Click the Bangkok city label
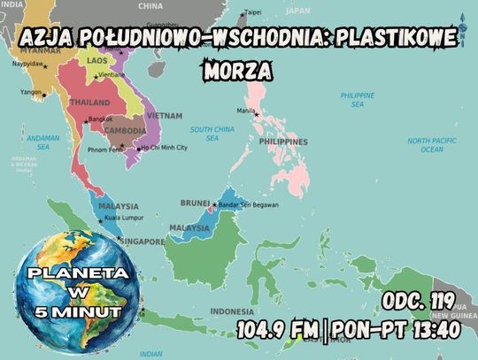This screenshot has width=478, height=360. click(100, 119)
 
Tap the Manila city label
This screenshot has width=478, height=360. click(246, 110)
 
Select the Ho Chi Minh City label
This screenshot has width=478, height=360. click(165, 148)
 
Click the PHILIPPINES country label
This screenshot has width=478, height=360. click(283, 142)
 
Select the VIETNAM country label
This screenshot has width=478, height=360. click(166, 116)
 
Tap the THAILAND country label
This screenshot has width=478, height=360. click(90, 103)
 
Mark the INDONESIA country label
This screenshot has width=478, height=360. click(232, 310)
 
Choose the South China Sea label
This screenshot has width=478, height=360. click(212, 133)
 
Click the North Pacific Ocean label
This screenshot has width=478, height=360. click(431, 145)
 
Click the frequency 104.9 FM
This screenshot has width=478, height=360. click(277, 331)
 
